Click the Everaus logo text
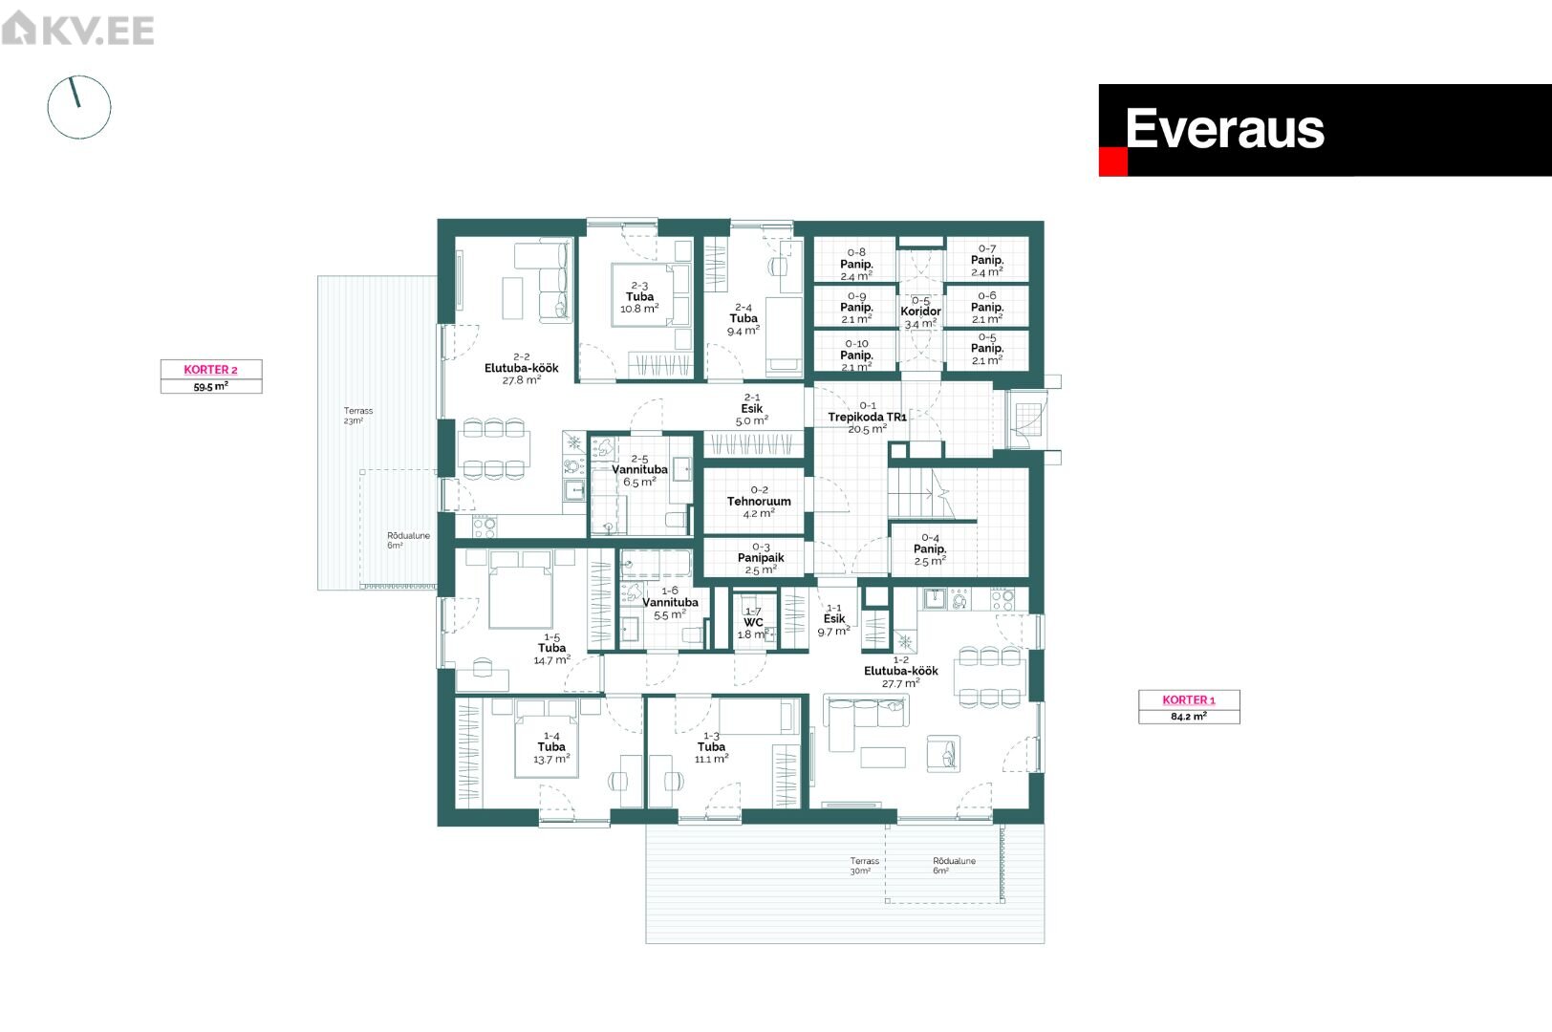pyautogui.click(x=1224, y=129)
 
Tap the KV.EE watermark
pyautogui.click(x=77, y=29)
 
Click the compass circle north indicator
pyautogui.click(x=75, y=92)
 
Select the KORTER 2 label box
pyautogui.click(x=211, y=376)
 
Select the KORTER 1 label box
pyautogui.click(x=1189, y=707)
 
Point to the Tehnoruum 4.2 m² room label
pyautogui.click(x=759, y=502)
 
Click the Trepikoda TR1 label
pyautogui.click(x=867, y=417)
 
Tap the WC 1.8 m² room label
pyautogui.click(x=753, y=623)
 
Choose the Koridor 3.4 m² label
pyautogui.click(x=921, y=312)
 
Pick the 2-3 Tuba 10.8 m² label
pyautogui.click(x=639, y=297)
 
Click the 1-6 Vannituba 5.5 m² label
pyautogui.click(x=670, y=603)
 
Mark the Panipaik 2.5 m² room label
pyautogui.click(x=761, y=558)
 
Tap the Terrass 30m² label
pyautogui.click(x=864, y=866)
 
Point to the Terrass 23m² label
pyautogui.click(x=357, y=416)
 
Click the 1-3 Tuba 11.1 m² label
pyautogui.click(x=712, y=747)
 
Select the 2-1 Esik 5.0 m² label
pyautogui.click(x=752, y=409)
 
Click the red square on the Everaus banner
pyautogui.click(x=1112, y=161)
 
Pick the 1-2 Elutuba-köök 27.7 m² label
pyautogui.click(x=900, y=672)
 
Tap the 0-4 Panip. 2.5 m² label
pyautogui.click(x=930, y=549)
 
